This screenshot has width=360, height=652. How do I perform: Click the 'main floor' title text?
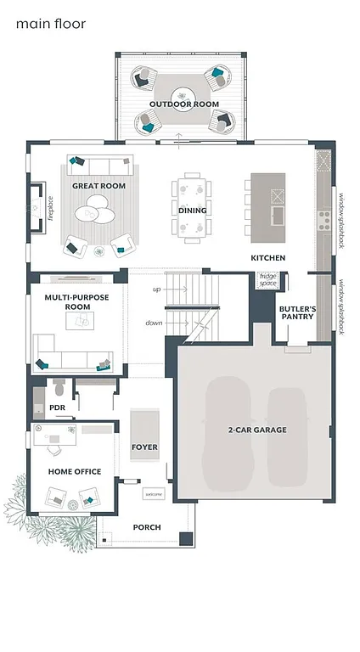tap(51, 24)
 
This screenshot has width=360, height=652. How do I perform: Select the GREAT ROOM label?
tap(98, 185)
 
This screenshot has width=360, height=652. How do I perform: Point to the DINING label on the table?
tap(192, 210)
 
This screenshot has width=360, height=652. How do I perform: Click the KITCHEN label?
tap(267, 257)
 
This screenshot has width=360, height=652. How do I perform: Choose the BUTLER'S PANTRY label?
tap(297, 314)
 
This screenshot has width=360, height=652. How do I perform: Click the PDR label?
tap(58, 407)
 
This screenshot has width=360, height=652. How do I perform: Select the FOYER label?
tap(144, 447)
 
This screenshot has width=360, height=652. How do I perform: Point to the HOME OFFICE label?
tap(75, 471)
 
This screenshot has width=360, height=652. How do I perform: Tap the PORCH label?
tap(147, 527)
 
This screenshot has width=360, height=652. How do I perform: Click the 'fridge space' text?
tap(267, 278)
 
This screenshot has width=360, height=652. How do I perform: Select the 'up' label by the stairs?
tap(156, 289)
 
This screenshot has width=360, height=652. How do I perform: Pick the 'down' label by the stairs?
tap(154, 323)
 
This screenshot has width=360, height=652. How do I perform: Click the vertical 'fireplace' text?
tap(51, 207)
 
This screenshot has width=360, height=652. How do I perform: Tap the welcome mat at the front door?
tap(153, 494)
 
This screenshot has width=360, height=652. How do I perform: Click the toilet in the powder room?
tap(59, 389)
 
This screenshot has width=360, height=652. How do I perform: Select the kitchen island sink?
tap(276, 216)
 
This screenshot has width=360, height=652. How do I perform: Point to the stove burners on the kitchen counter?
tap(323, 221)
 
